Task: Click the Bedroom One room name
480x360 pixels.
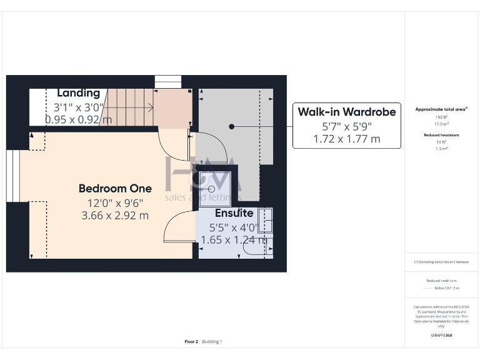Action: click(x=115, y=188)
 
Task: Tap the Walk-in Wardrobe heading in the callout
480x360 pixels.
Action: click(x=346, y=112)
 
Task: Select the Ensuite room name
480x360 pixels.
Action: click(x=234, y=213)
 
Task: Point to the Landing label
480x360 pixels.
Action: click(x=78, y=93)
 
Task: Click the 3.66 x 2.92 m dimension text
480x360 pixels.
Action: click(x=115, y=216)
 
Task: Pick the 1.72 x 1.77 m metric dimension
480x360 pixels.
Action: click(x=346, y=139)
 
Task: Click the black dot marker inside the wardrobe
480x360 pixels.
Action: click(x=231, y=126)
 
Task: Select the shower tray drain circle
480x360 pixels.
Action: click(x=211, y=188)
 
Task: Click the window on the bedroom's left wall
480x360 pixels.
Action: click(x=13, y=176)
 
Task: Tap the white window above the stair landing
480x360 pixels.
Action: click(x=167, y=82)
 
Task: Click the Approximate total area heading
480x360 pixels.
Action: click(x=441, y=109)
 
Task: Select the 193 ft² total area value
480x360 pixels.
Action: click(x=441, y=117)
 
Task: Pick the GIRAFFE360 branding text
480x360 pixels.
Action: click(x=441, y=336)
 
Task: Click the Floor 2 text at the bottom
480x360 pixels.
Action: click(x=191, y=342)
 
